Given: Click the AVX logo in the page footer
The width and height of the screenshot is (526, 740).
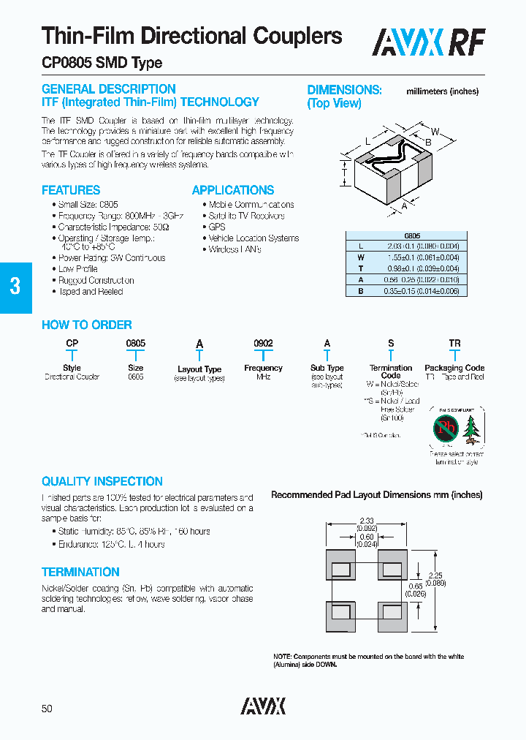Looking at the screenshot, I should [x=263, y=706].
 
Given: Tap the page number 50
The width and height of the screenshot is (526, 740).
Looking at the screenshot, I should [x=47, y=709].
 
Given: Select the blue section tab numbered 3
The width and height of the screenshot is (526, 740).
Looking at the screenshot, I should [x=15, y=287].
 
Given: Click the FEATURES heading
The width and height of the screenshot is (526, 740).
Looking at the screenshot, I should [x=71, y=190].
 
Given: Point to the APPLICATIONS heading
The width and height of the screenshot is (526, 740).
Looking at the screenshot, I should [x=233, y=190].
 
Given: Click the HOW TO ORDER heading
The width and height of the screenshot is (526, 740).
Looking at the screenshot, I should [x=87, y=325].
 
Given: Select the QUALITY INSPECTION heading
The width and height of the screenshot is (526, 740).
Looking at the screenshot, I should [x=102, y=481].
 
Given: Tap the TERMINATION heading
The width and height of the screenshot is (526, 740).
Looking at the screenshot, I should [x=80, y=572].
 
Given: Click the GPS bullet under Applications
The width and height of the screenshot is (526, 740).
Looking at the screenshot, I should [x=217, y=227].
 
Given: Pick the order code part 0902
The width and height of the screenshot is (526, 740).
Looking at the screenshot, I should [x=263, y=343].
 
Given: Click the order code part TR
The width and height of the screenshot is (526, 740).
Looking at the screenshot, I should [x=454, y=343].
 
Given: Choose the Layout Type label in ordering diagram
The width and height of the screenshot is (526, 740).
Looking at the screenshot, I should [x=199, y=369].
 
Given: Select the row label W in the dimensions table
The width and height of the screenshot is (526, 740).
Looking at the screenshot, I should [x=361, y=257].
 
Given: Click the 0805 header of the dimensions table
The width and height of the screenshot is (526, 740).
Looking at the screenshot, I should [x=412, y=236].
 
